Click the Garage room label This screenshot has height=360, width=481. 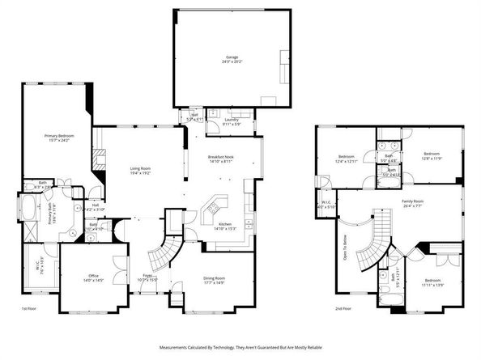pos(232,59)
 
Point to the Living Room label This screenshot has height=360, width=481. pos(141,171)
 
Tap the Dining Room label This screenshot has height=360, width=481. pos(215,281)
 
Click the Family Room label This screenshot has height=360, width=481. pos(413,202)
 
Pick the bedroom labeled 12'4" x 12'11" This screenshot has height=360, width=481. pos(347,158)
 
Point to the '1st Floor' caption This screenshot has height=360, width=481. pos(29,309)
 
